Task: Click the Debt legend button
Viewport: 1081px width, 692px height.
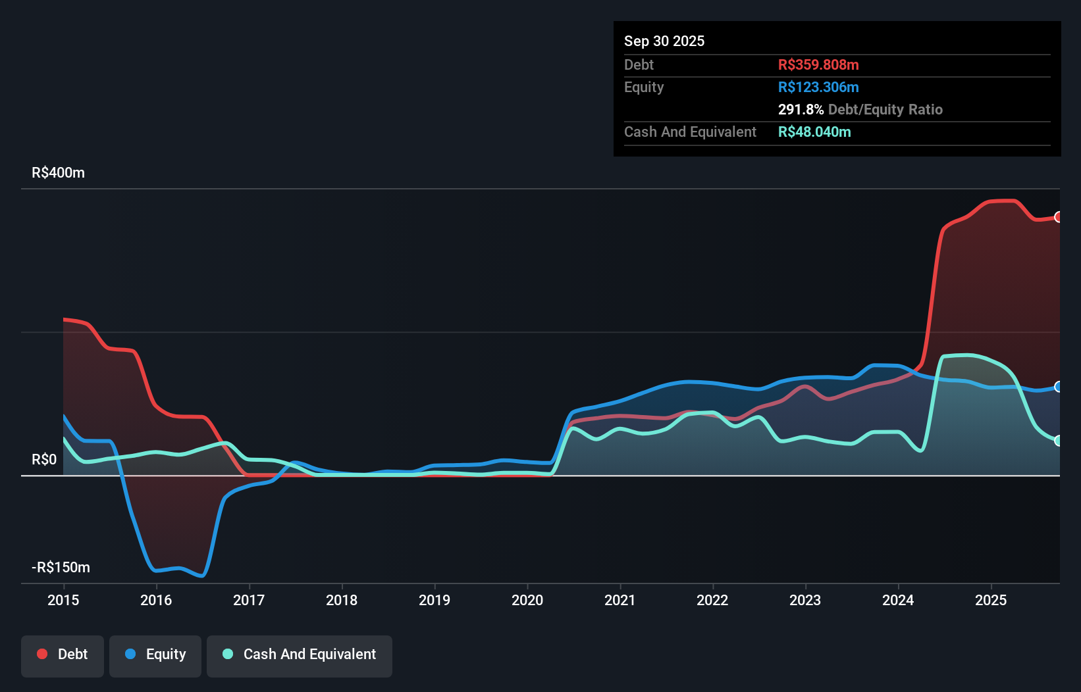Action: pos(63,655)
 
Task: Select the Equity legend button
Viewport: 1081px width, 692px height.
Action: pos(155,655)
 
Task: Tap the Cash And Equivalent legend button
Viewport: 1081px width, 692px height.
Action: pos(300,655)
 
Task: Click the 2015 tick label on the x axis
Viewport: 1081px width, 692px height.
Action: pos(63,600)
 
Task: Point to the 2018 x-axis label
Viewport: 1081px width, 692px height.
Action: pos(342,600)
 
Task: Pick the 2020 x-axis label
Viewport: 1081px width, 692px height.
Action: pos(527,600)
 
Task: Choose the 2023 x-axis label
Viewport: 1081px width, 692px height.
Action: pos(805,600)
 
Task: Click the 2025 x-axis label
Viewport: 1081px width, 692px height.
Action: pos(991,600)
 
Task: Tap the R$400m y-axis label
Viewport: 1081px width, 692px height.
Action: pos(58,173)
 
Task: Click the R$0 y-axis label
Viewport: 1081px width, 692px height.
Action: pos(44,460)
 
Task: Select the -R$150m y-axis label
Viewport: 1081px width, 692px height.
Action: pos(61,568)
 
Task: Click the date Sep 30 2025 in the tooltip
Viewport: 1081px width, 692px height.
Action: pos(664,41)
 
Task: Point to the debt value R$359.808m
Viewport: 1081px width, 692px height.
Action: pos(818,65)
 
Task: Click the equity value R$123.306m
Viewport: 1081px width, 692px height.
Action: pos(818,87)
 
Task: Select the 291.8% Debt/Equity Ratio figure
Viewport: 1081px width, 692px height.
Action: pos(860,110)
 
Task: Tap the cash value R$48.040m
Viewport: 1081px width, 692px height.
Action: pos(814,132)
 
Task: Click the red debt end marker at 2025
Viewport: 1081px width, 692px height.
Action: pos(1058,217)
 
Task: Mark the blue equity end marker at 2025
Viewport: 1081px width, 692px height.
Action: pos(1058,387)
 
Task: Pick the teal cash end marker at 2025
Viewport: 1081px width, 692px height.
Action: pos(1058,441)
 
